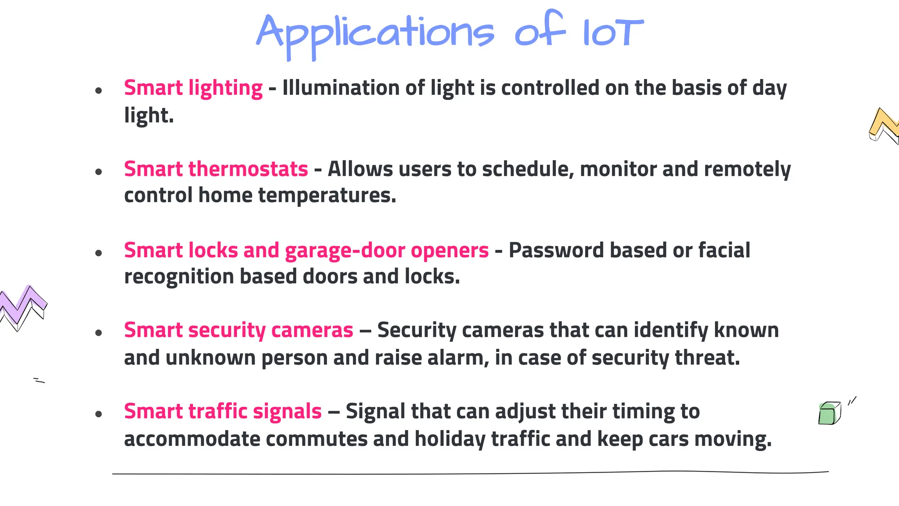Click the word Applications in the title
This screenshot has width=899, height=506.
(375, 33)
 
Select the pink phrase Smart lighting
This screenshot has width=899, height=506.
(193, 88)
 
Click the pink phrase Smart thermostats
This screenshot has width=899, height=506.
(216, 169)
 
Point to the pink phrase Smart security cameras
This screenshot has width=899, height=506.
(238, 330)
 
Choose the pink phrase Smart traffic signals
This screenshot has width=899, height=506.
(223, 412)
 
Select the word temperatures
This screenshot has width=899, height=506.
(327, 195)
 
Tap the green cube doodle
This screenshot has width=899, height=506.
(829, 413)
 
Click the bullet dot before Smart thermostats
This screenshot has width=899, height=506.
(98, 172)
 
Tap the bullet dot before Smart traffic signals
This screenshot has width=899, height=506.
(98, 414)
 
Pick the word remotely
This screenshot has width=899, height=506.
(747, 169)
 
